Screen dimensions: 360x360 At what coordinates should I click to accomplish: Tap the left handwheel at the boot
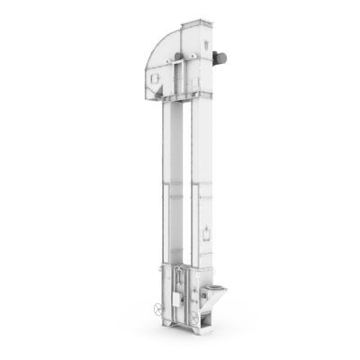[x=160, y=309]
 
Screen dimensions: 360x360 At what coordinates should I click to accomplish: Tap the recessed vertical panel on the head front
[x=184, y=81]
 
